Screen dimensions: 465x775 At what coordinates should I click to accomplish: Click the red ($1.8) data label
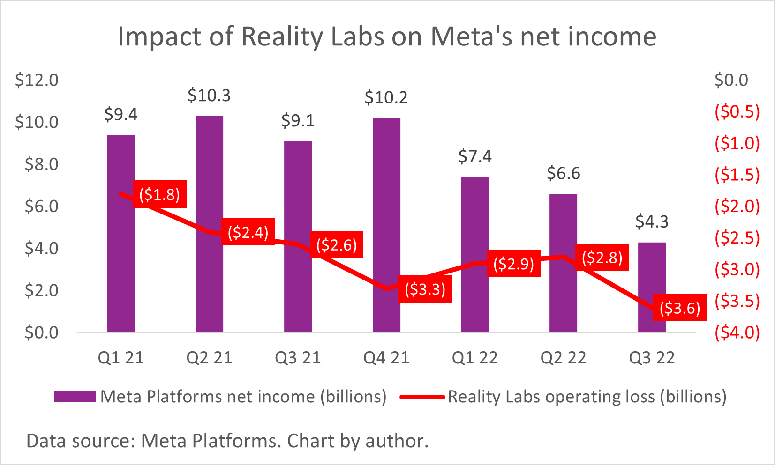tap(160, 194)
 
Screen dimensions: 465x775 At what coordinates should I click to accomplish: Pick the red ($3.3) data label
tap(425, 289)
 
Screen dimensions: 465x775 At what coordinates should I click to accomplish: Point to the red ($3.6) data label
tap(680, 308)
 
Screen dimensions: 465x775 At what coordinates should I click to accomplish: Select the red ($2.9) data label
tap(513, 264)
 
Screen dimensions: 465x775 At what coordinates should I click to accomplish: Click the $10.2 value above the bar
tap(386, 97)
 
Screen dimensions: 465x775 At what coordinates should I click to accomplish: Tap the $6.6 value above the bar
tap(563, 173)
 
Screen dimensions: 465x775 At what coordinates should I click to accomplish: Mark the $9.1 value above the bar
tap(298, 121)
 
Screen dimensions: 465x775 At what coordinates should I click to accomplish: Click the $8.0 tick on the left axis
tap(41, 164)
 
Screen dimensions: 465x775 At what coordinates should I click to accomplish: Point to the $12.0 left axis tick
tap(37, 80)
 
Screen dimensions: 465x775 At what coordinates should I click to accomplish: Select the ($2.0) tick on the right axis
tap(737, 206)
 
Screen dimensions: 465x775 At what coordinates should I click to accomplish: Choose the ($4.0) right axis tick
tap(737, 332)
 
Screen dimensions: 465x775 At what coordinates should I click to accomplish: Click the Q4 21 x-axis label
tap(386, 358)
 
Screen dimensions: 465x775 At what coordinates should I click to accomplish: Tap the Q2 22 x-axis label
tap(563, 358)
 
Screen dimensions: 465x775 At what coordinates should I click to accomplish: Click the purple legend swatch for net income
tap(75, 397)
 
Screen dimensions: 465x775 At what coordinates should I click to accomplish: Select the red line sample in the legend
tap(422, 397)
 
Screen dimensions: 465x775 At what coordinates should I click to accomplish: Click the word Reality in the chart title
tap(281, 37)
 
